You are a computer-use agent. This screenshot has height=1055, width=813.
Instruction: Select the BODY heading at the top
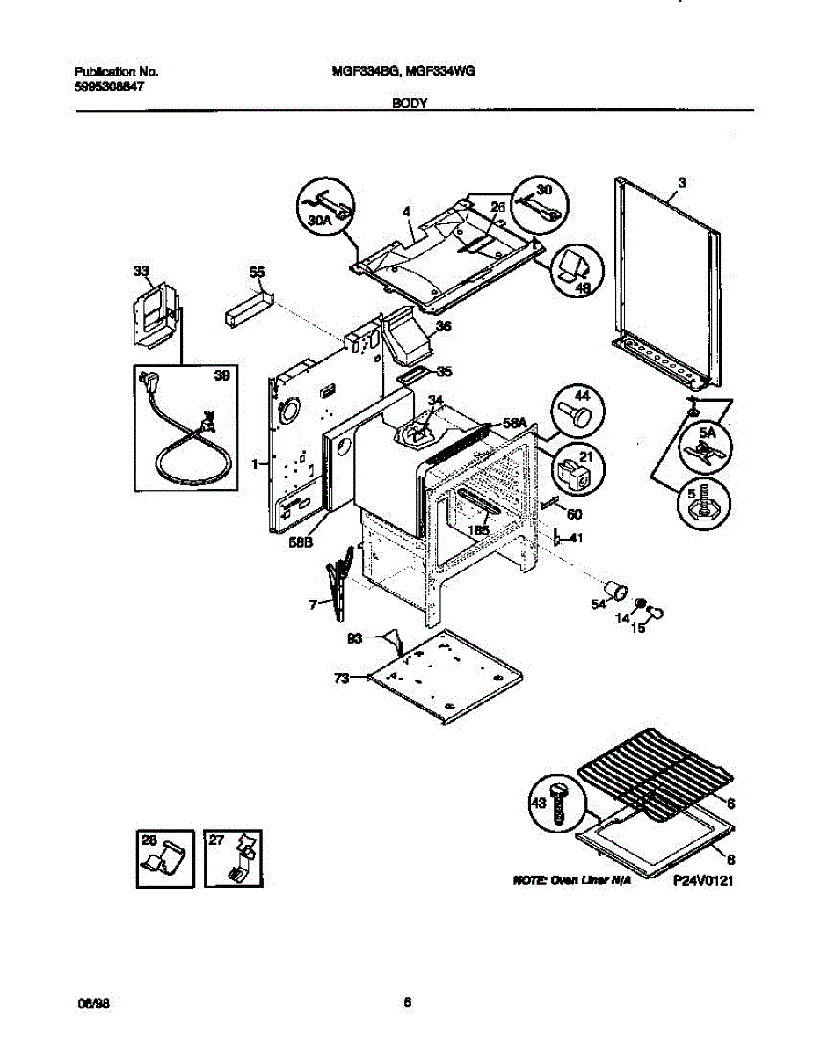[x=409, y=103]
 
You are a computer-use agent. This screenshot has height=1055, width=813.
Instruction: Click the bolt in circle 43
[x=555, y=800]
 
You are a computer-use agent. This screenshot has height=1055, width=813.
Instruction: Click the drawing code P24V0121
[x=702, y=879]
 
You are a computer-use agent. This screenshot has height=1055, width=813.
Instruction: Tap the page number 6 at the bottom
[x=407, y=1001]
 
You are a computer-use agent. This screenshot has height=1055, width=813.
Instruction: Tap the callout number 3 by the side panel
[x=681, y=183]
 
